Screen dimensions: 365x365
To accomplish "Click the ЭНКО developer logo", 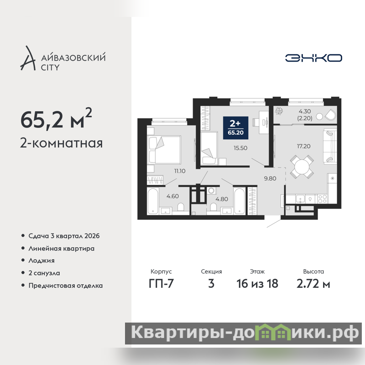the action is (x=313, y=58).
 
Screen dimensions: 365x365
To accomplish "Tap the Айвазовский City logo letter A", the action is (x=28, y=58).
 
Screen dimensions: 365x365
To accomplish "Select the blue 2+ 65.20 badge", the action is (x=235, y=128).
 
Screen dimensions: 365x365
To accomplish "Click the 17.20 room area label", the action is (x=303, y=146).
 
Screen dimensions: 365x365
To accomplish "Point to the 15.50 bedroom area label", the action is (x=240, y=148).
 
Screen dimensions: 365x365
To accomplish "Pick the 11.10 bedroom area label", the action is (x=180, y=171).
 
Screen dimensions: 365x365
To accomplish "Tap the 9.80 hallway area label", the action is (x=270, y=178).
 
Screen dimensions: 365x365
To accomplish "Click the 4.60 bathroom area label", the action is (x=172, y=196).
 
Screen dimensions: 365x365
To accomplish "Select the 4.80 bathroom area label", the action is (x=222, y=199).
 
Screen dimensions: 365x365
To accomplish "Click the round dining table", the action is (x=302, y=167).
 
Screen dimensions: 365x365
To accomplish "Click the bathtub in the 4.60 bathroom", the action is (x=153, y=201).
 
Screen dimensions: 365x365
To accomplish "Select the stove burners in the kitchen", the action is (x=323, y=199).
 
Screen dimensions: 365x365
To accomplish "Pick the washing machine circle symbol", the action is (x=211, y=191).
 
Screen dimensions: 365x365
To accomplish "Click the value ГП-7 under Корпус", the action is (x=161, y=283).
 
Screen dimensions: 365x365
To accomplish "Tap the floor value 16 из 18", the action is (x=257, y=283).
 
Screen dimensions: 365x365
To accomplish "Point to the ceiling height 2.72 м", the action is (x=313, y=283).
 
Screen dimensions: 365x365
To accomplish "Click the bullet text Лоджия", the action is (x=42, y=261).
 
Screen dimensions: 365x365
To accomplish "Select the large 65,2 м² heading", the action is (x=56, y=119).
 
